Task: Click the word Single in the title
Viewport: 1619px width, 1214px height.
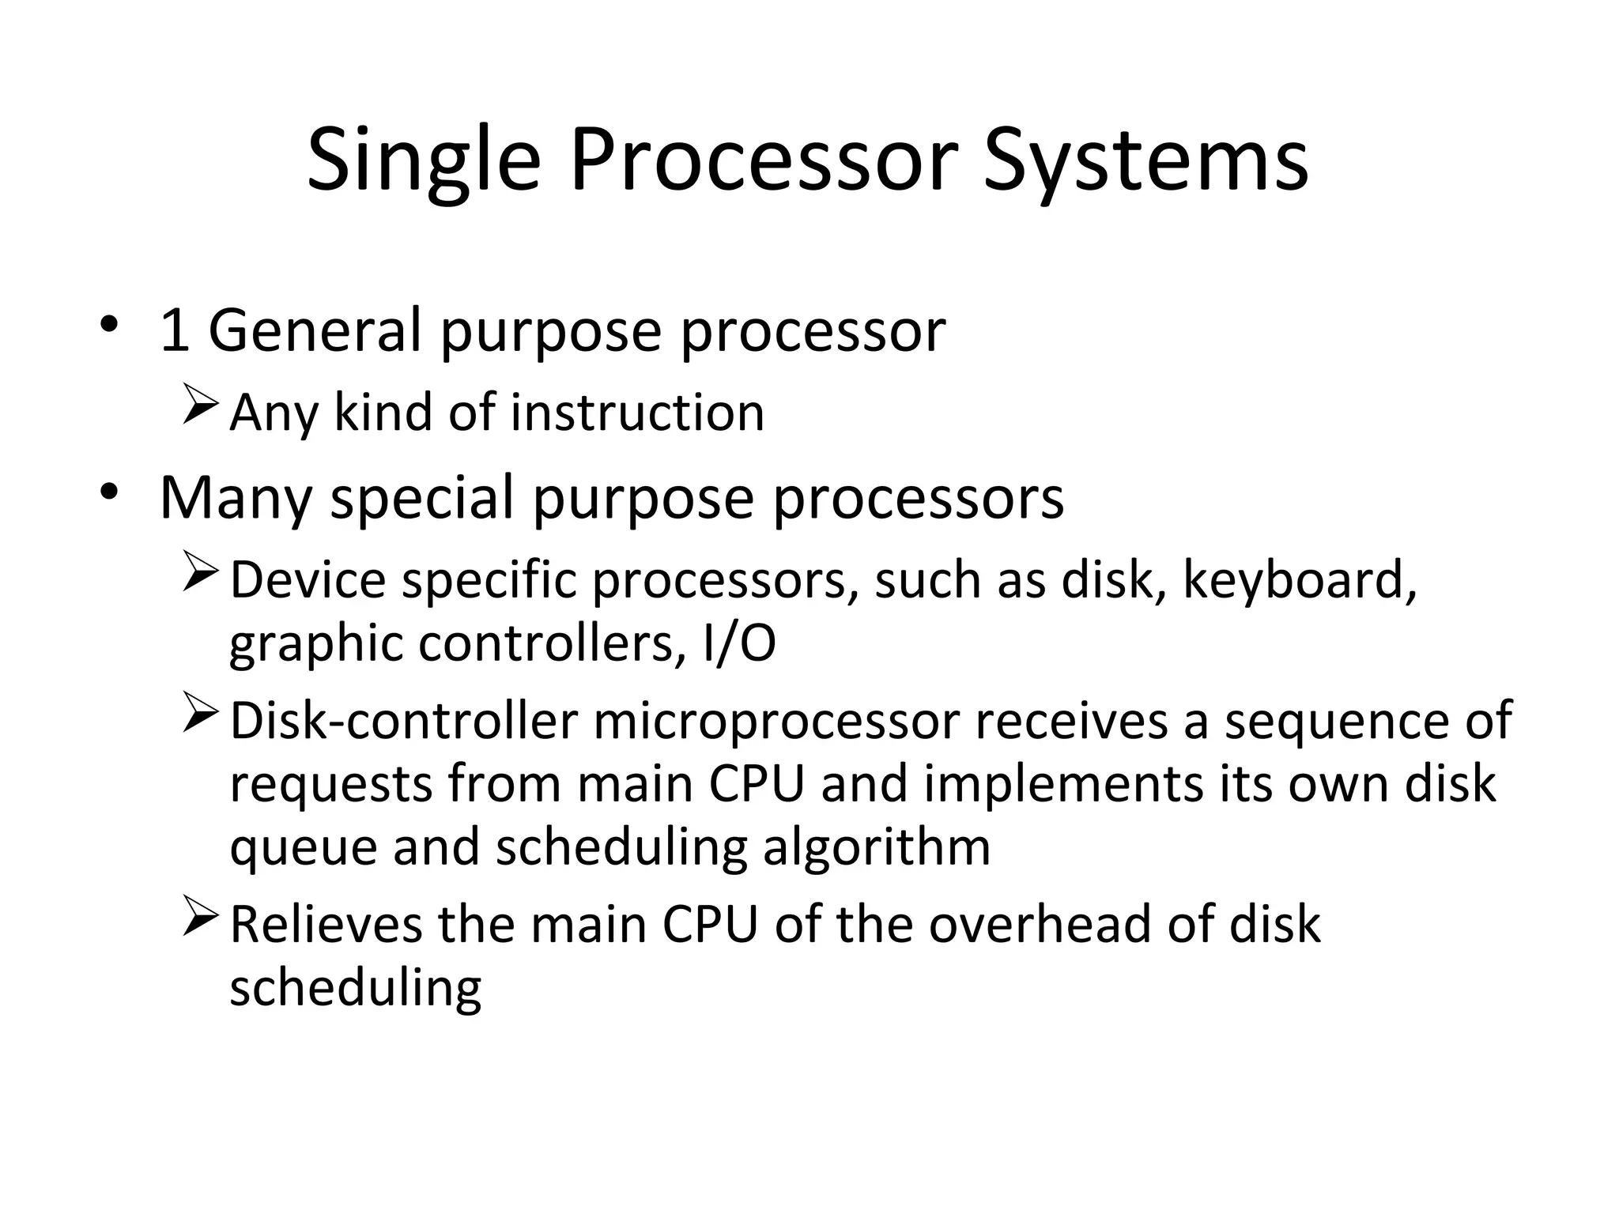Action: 424,162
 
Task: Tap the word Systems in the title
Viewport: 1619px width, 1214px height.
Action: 1145,162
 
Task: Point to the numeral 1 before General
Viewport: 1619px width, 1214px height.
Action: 174,330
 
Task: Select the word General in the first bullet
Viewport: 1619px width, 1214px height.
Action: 314,330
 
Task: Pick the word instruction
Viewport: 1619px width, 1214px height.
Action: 637,413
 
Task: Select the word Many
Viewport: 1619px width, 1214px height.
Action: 236,499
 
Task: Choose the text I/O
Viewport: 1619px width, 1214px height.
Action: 738,643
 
